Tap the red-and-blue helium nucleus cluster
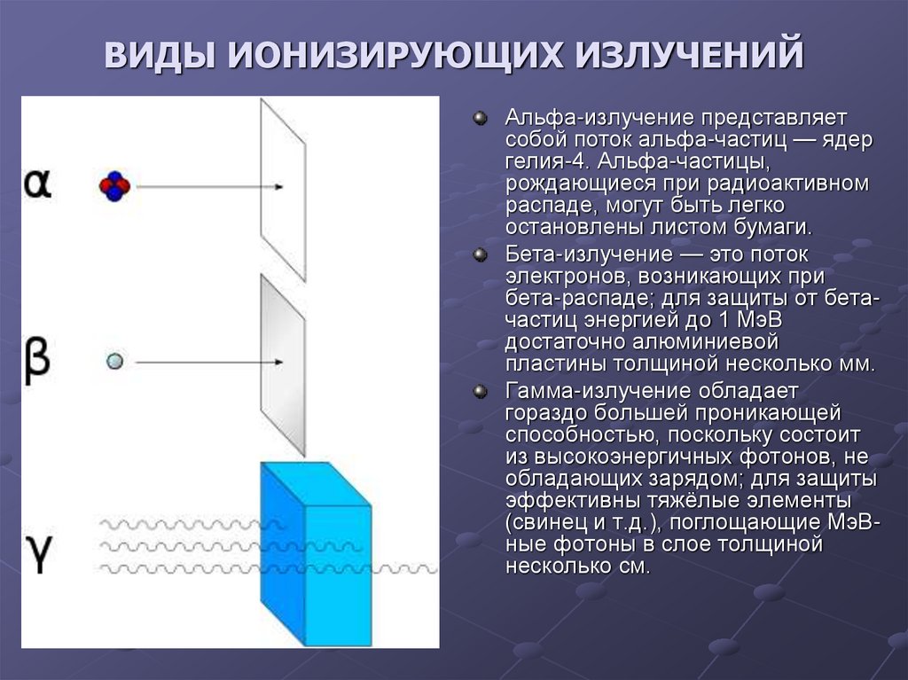(114, 185)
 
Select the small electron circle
(113, 362)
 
